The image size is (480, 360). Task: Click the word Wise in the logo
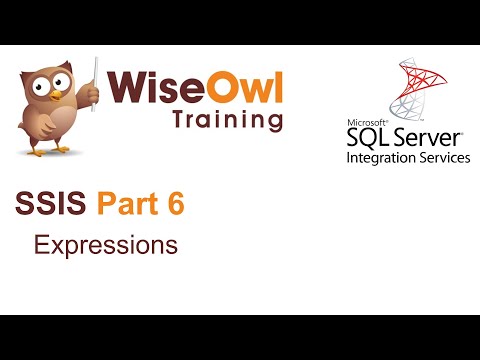[x=156, y=85]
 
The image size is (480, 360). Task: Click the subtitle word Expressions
[x=105, y=244]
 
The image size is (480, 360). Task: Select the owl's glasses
[x=49, y=89]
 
